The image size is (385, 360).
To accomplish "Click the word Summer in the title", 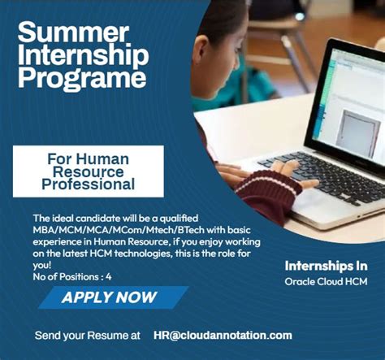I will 72,33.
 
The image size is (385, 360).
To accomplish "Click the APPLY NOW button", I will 110,297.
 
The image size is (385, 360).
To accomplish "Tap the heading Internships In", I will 326,266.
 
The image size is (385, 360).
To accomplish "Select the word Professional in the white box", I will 88,184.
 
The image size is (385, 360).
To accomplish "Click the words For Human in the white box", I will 88,158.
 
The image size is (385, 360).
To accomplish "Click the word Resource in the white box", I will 88,171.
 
